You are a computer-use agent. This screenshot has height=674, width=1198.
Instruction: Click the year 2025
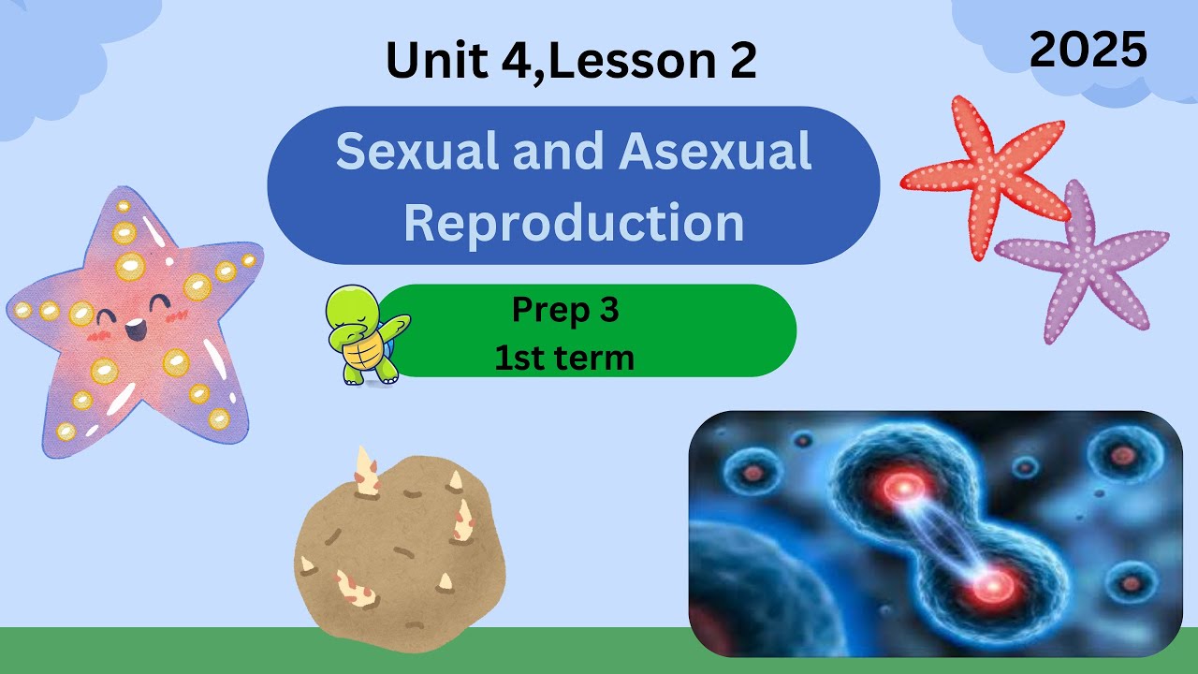click(x=1088, y=49)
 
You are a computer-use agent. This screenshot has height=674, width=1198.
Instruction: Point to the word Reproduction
click(x=574, y=223)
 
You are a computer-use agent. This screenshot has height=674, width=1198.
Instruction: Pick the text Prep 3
click(x=565, y=310)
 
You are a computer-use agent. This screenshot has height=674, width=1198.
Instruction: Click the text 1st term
click(x=565, y=357)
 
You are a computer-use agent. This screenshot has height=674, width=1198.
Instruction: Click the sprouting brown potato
click(x=398, y=552)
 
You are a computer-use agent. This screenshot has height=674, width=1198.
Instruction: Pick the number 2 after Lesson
click(x=738, y=61)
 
